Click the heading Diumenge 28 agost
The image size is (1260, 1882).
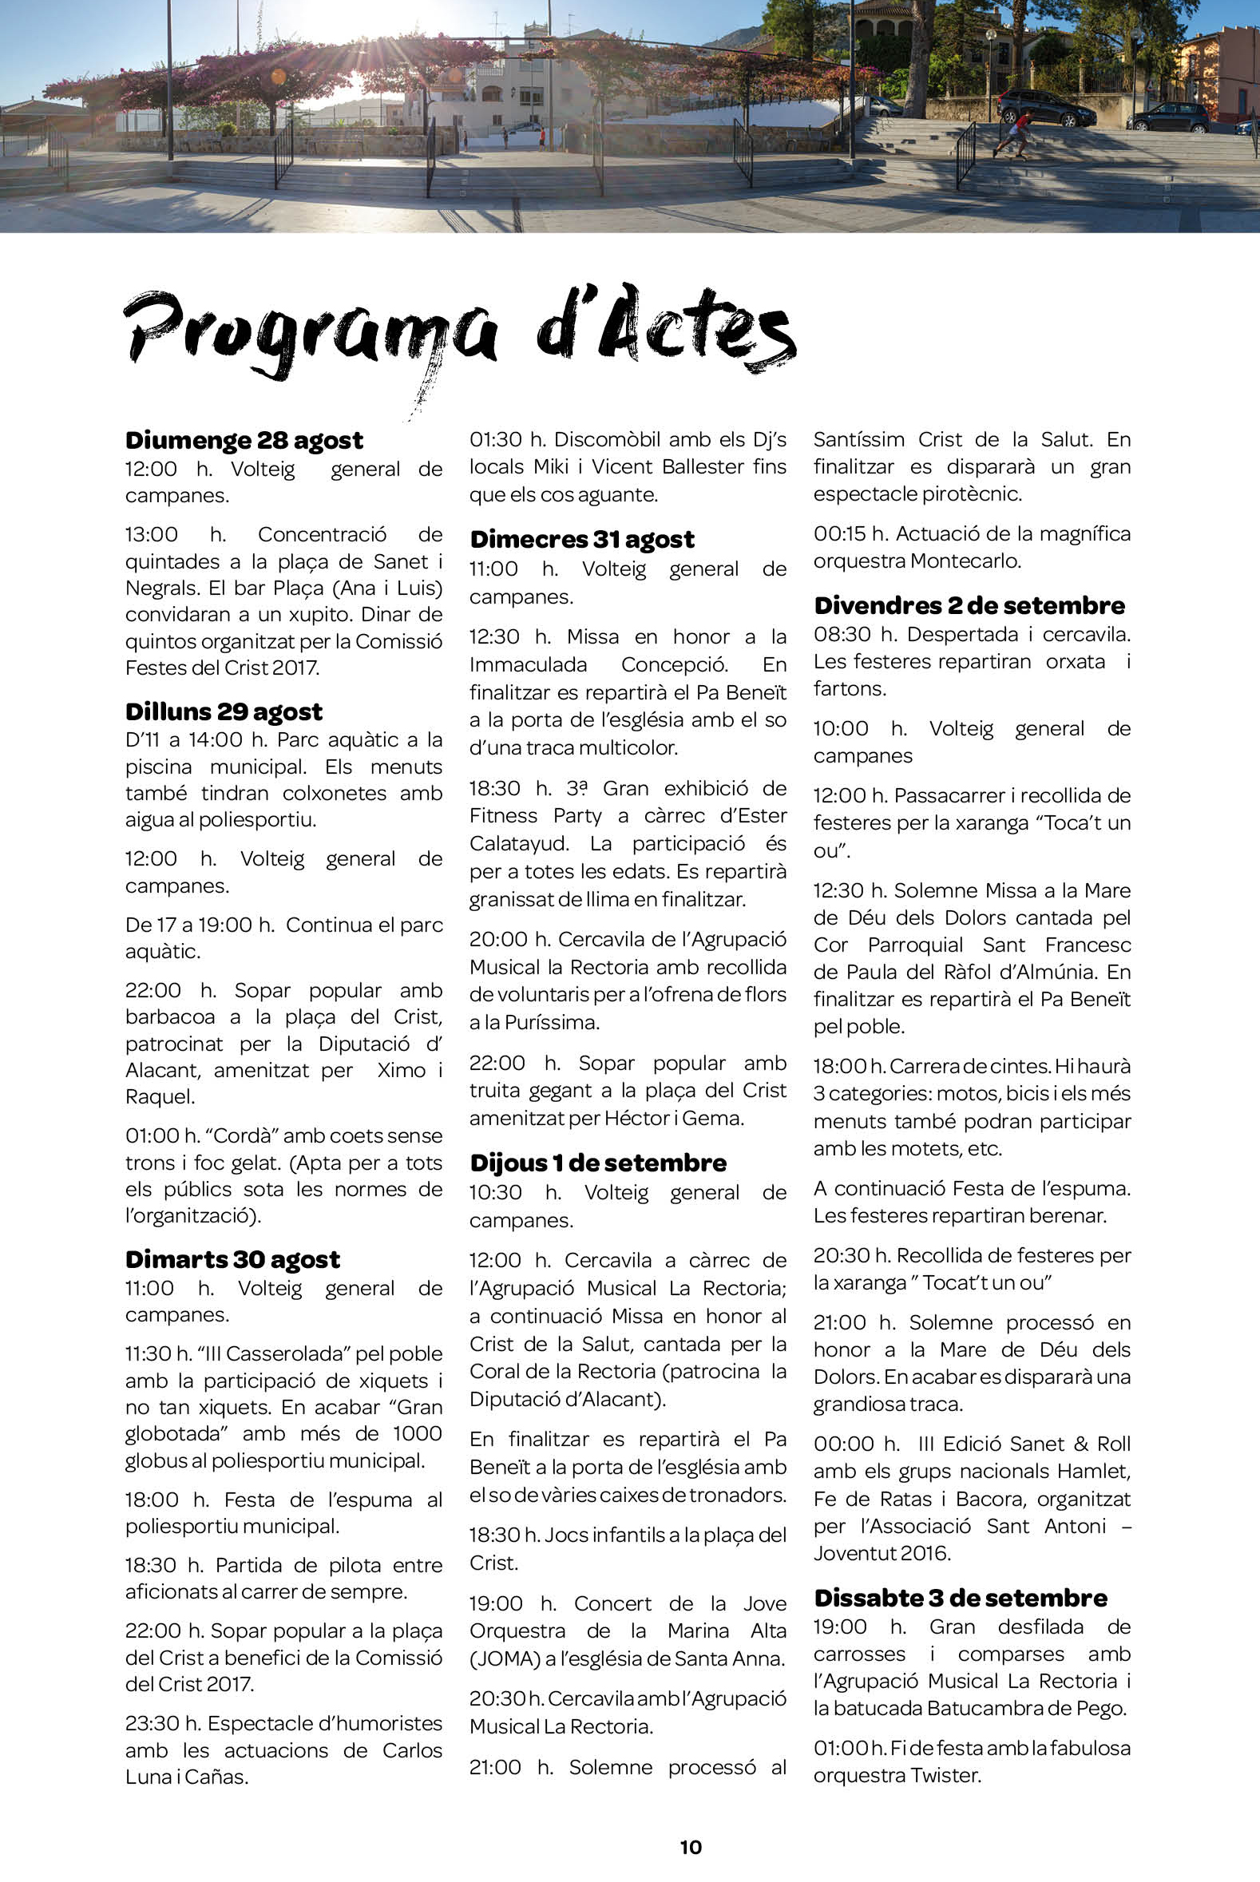click(x=244, y=441)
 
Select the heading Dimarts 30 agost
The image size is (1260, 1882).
click(x=232, y=1259)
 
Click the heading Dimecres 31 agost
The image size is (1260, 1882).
click(x=582, y=539)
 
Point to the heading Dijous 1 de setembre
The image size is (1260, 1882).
click(x=598, y=1163)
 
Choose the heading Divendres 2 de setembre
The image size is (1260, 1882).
click(x=969, y=605)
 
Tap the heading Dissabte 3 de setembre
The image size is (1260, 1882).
click(x=960, y=1598)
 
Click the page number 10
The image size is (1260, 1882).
click(x=690, y=1847)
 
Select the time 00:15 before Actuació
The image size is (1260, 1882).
click(x=838, y=533)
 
